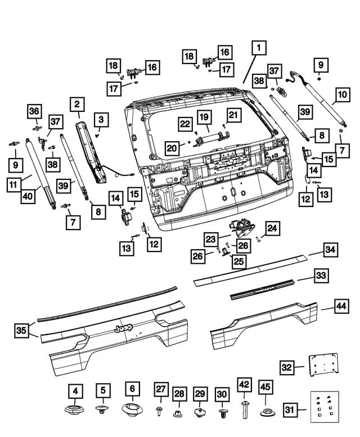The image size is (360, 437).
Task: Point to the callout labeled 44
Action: [341, 307]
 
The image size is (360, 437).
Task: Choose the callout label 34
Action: [330, 250]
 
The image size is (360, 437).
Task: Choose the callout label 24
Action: [272, 228]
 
